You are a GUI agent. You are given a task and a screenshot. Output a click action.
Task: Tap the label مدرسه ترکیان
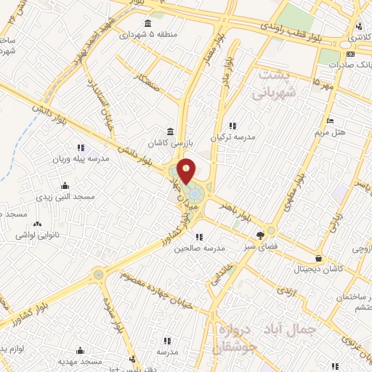[x=233, y=137]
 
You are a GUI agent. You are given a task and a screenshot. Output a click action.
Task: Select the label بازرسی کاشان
[x=169, y=143]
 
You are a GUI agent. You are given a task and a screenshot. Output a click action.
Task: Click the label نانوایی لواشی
[x=38, y=235]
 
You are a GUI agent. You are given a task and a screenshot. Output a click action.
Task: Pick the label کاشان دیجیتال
[x=318, y=268]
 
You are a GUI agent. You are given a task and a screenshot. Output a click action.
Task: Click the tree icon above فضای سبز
[x=261, y=235]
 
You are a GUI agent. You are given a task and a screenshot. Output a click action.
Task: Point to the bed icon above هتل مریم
[x=331, y=121]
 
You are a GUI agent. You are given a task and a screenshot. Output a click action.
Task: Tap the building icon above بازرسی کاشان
[x=169, y=132]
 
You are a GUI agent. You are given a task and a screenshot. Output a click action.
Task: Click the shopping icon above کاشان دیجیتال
[x=318, y=257]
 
